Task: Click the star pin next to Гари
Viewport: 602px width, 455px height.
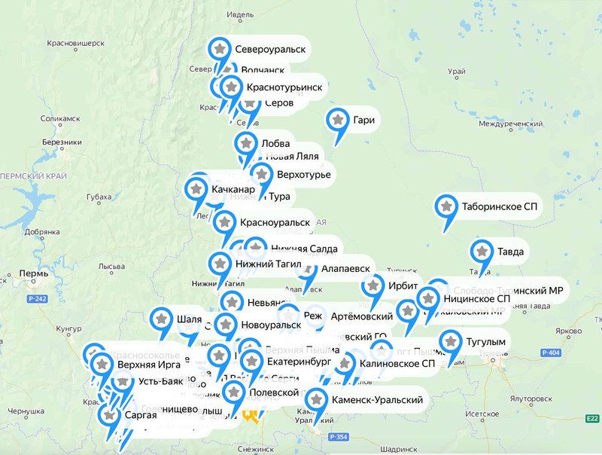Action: click(337, 120)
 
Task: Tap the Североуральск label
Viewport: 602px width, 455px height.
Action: click(269, 49)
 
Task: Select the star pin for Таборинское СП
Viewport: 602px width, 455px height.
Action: click(446, 206)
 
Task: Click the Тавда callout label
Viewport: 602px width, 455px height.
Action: click(509, 251)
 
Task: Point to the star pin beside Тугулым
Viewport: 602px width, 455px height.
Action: click(451, 342)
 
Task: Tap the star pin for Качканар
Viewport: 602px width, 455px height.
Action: click(196, 188)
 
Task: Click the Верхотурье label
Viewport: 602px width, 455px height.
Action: click(303, 175)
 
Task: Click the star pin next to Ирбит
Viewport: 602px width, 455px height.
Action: click(373, 286)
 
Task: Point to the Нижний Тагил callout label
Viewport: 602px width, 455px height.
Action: click(267, 264)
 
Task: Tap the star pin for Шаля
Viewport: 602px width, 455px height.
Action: click(160, 319)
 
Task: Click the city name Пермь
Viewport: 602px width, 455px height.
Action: click(34, 273)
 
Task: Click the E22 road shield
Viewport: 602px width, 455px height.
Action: click(592, 418)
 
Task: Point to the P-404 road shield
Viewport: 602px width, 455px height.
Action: click(550, 353)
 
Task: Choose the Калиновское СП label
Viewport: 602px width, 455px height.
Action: click(397, 364)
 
